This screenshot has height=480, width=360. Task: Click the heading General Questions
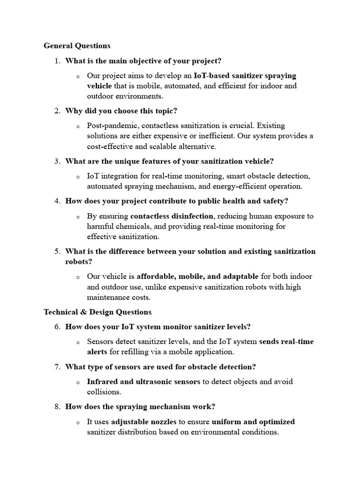(77, 46)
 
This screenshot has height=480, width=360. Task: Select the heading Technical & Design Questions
(97, 312)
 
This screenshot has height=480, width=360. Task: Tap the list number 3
(57, 161)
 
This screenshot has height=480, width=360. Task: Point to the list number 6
(57, 327)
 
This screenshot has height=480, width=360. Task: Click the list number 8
(57, 406)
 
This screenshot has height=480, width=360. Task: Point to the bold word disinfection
(190, 216)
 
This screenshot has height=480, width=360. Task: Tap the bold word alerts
(97, 352)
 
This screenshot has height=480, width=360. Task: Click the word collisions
(104, 392)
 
